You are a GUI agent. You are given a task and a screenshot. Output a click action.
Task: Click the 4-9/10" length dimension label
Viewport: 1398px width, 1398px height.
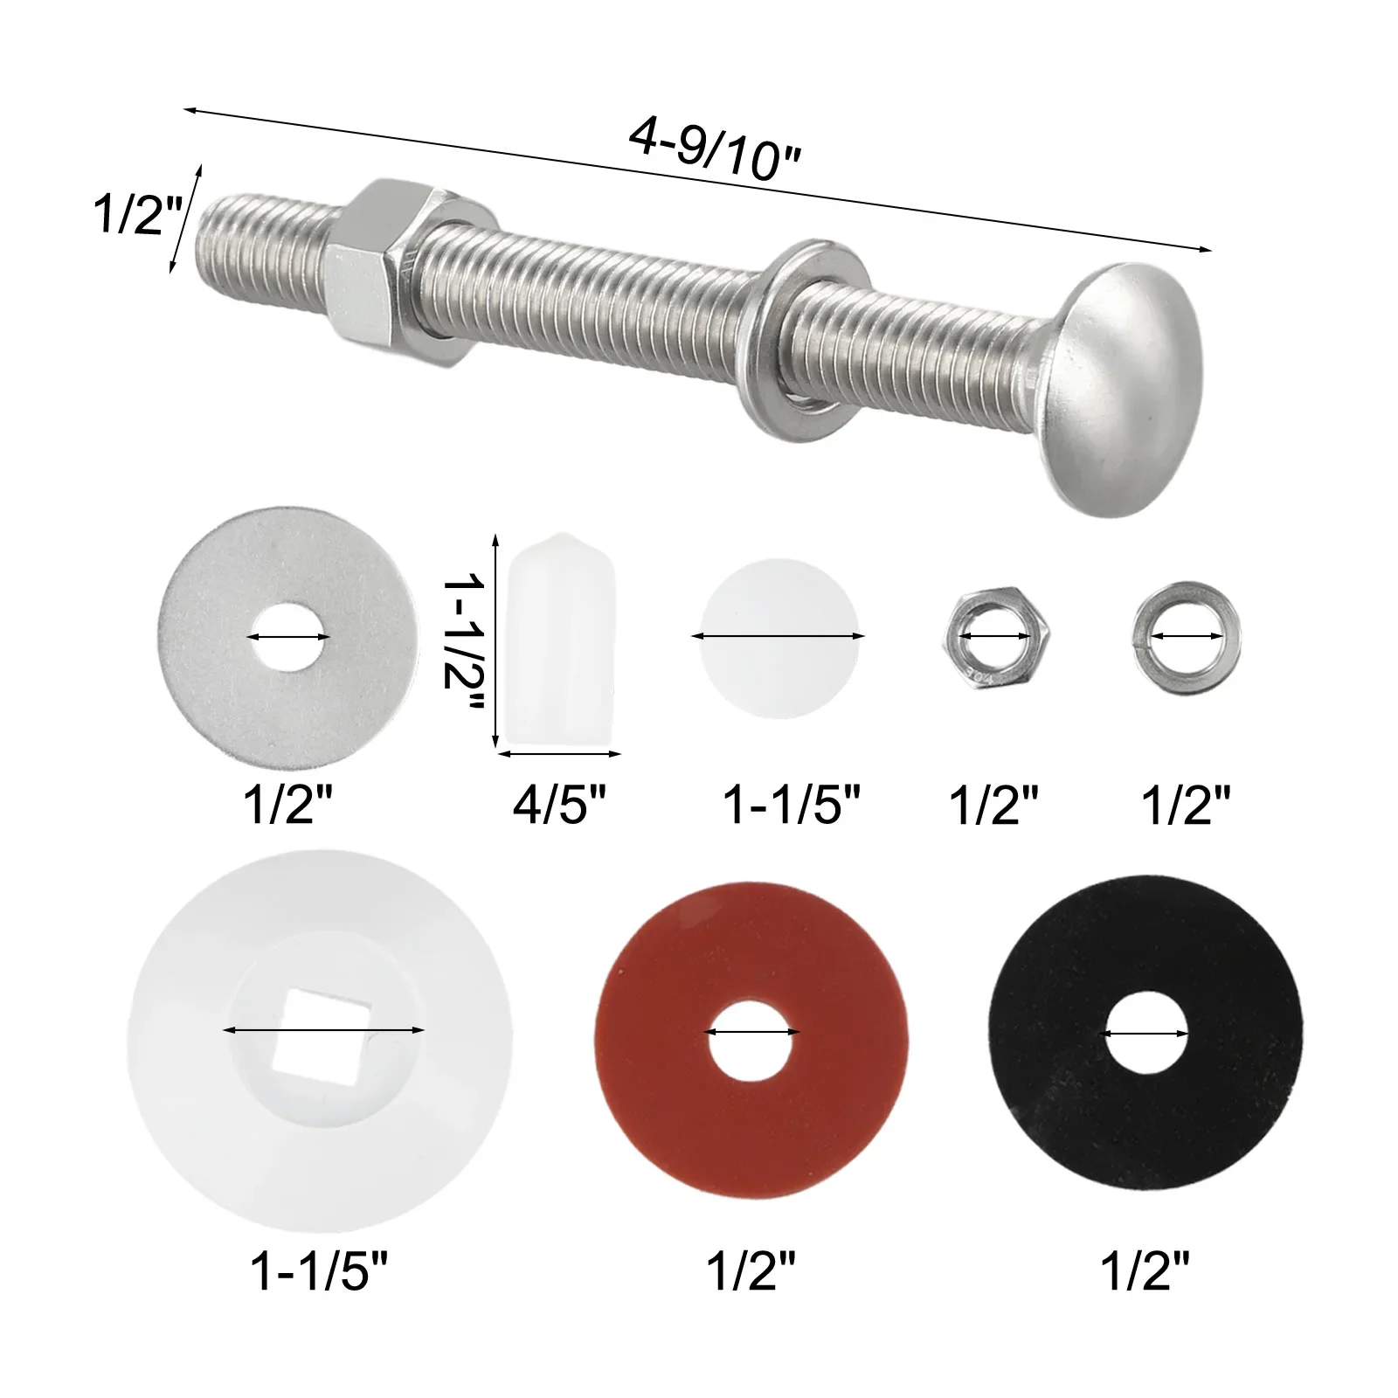point(714,150)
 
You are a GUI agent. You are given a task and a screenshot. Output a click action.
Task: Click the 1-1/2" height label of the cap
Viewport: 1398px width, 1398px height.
point(462,642)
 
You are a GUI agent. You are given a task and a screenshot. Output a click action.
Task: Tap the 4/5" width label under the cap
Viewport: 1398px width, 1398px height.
point(559,803)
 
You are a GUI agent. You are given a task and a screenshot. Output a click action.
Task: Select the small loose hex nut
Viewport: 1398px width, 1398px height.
point(995,635)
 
